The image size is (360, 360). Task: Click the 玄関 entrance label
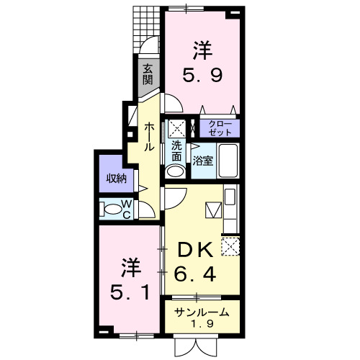148,74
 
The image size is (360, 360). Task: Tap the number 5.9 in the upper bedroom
202,74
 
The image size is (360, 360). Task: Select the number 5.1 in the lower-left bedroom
130,293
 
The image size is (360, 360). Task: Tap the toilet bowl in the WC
113,210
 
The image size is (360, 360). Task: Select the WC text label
126,209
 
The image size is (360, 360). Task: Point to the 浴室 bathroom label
202,161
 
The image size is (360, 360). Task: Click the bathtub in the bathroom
229,160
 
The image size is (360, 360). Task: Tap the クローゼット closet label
220,129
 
